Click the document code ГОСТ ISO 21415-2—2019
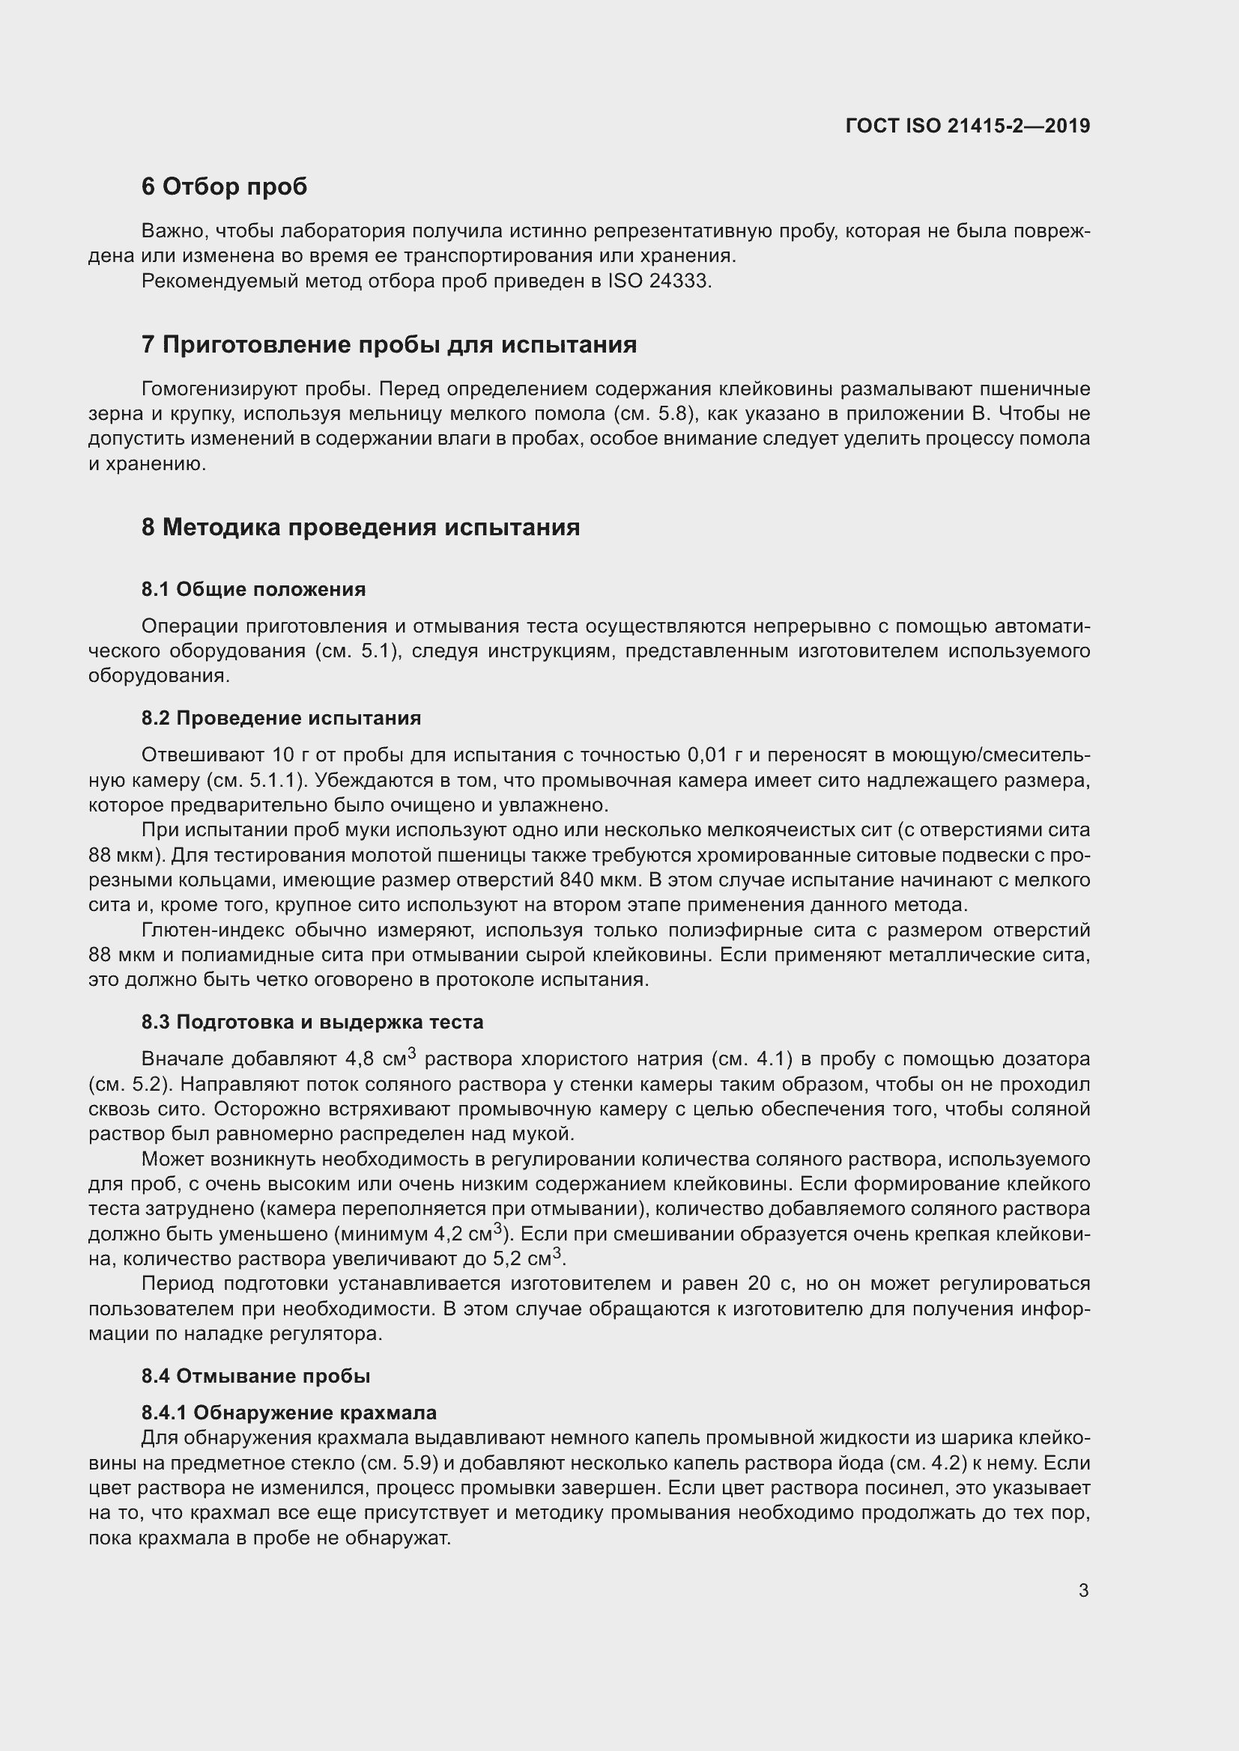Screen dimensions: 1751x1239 [x=968, y=126]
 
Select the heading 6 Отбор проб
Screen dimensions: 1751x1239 [x=224, y=187]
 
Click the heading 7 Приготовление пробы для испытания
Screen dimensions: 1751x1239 [x=389, y=344]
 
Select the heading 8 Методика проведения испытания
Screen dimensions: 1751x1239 [x=360, y=527]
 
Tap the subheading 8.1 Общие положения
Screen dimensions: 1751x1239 [x=253, y=589]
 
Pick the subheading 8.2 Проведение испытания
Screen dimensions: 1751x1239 [x=281, y=719]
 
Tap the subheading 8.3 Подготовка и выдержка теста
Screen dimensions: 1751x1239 [x=312, y=1022]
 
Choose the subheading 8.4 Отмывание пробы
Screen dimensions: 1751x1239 [x=255, y=1376]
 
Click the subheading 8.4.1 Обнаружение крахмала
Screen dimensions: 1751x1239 [x=288, y=1413]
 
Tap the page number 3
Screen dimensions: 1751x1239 [x=1083, y=1591]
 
